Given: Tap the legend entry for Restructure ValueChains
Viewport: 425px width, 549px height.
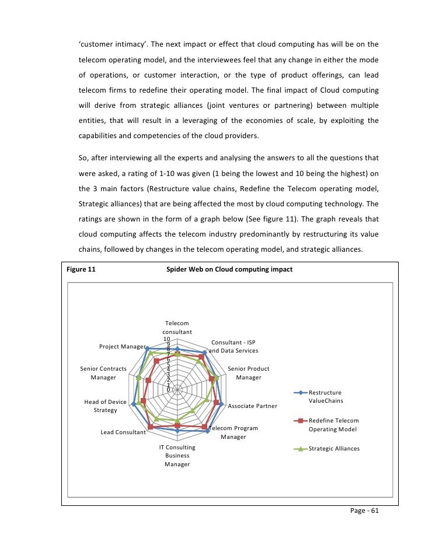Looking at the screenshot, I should point(325,396).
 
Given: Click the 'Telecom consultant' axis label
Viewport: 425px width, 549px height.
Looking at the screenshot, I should point(177,327).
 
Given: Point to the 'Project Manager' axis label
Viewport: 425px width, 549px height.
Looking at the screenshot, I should point(122,346).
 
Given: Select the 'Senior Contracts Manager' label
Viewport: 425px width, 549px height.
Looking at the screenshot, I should point(103,373).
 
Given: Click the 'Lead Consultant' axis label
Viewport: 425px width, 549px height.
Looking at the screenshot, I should point(123,432).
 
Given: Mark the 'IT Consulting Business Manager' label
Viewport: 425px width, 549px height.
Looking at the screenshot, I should point(177,456).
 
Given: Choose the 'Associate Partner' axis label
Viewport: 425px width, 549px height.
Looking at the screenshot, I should point(252,406).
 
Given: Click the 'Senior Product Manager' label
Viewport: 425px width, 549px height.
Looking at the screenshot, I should point(248,373).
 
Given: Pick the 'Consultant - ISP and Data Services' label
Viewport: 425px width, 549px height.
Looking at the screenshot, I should point(234,346).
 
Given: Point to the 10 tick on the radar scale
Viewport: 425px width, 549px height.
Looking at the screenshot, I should point(166,339).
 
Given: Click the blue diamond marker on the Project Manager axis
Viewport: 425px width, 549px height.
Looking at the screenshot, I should point(147,347).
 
